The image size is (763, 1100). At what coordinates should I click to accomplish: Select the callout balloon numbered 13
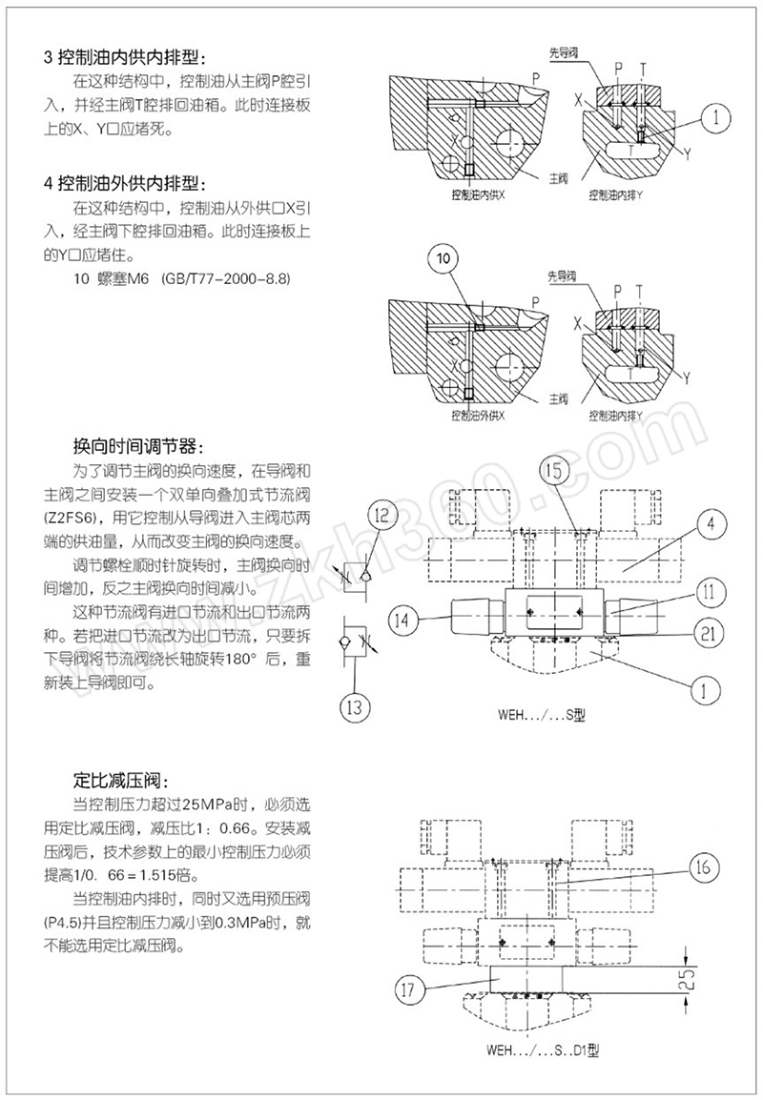point(356,706)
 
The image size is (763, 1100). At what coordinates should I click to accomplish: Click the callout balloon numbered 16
point(702,866)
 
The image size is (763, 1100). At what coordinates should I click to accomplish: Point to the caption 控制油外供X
point(477,417)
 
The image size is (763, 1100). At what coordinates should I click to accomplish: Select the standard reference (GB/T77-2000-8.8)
point(225,278)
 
